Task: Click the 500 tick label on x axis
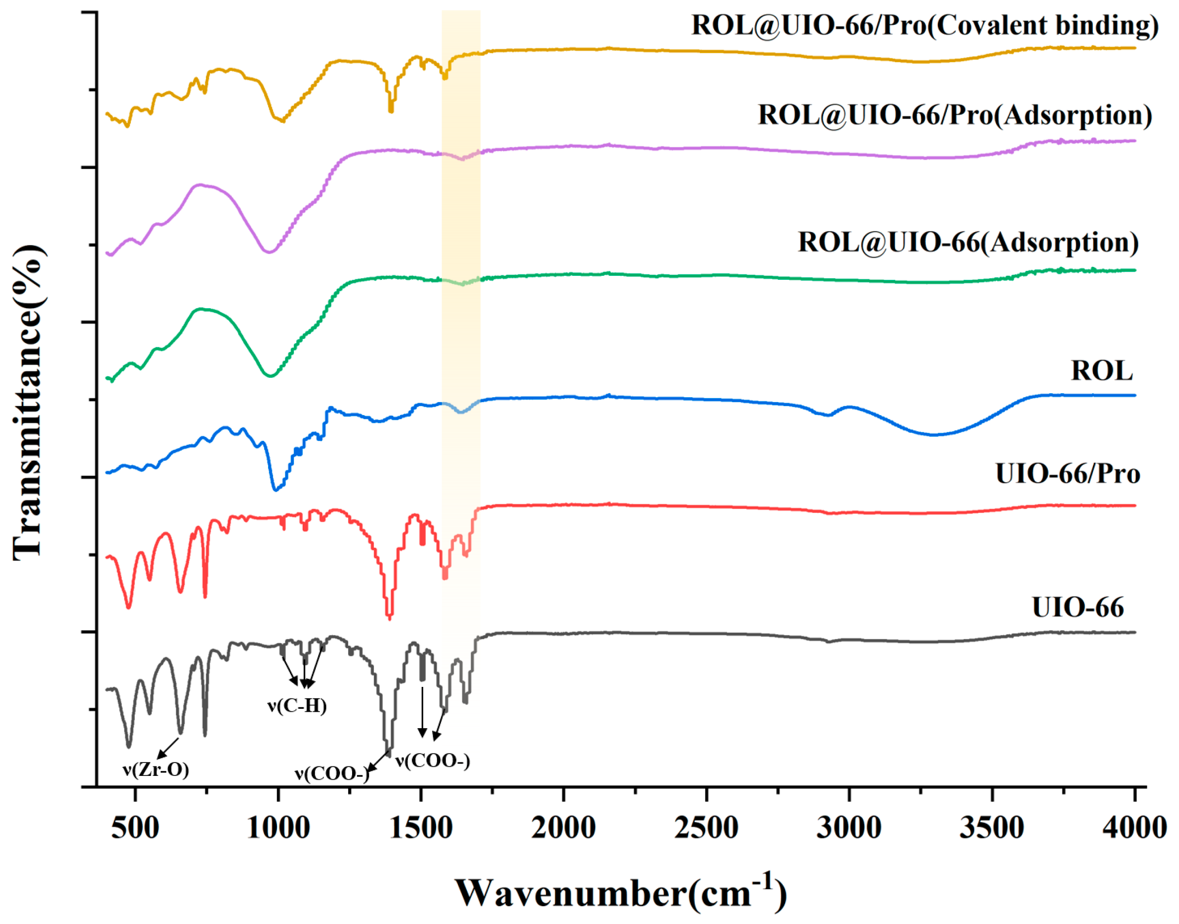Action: tap(135, 828)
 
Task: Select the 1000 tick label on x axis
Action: tap(278, 828)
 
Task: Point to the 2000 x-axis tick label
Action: tap(564, 828)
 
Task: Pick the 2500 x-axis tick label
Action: tap(707, 828)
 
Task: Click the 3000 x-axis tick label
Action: tap(849, 828)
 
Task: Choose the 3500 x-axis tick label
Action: tap(992, 828)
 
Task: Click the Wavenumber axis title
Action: tap(621, 893)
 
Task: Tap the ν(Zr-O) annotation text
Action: tap(156, 769)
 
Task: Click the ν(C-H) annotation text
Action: tap(297, 705)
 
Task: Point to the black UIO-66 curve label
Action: tap(1078, 607)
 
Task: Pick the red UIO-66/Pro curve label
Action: tap(1068, 474)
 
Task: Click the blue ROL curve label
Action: tap(1102, 371)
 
